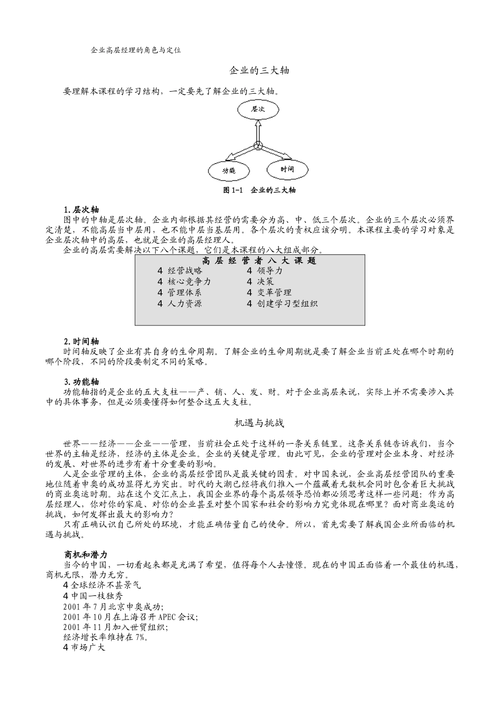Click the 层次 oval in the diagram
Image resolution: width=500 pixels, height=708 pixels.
pos(257,109)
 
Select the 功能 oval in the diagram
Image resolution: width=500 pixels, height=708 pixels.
pos(228,170)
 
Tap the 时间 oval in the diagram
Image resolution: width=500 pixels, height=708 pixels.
pos(287,169)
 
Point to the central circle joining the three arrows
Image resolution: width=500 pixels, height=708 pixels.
pos(258,146)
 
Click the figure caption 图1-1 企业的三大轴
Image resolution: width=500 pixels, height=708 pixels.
pos(259,190)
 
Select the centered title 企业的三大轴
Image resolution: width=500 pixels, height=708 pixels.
pos(259,70)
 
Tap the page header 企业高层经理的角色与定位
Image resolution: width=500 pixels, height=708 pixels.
pos(136,50)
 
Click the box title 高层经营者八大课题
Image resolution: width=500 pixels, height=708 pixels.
pos(259,261)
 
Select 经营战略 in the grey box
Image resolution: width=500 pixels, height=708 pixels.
pos(185,271)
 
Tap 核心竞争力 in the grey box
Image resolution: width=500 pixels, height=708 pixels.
pos(189,282)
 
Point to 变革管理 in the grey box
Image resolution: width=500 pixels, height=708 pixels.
pos(274,292)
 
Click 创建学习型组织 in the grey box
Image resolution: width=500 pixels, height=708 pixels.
pos(287,303)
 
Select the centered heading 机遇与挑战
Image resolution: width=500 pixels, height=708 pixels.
pos(259,422)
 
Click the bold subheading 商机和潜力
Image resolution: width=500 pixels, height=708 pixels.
pos(85,555)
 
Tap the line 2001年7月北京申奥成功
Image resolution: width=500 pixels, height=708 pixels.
pos(113,606)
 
